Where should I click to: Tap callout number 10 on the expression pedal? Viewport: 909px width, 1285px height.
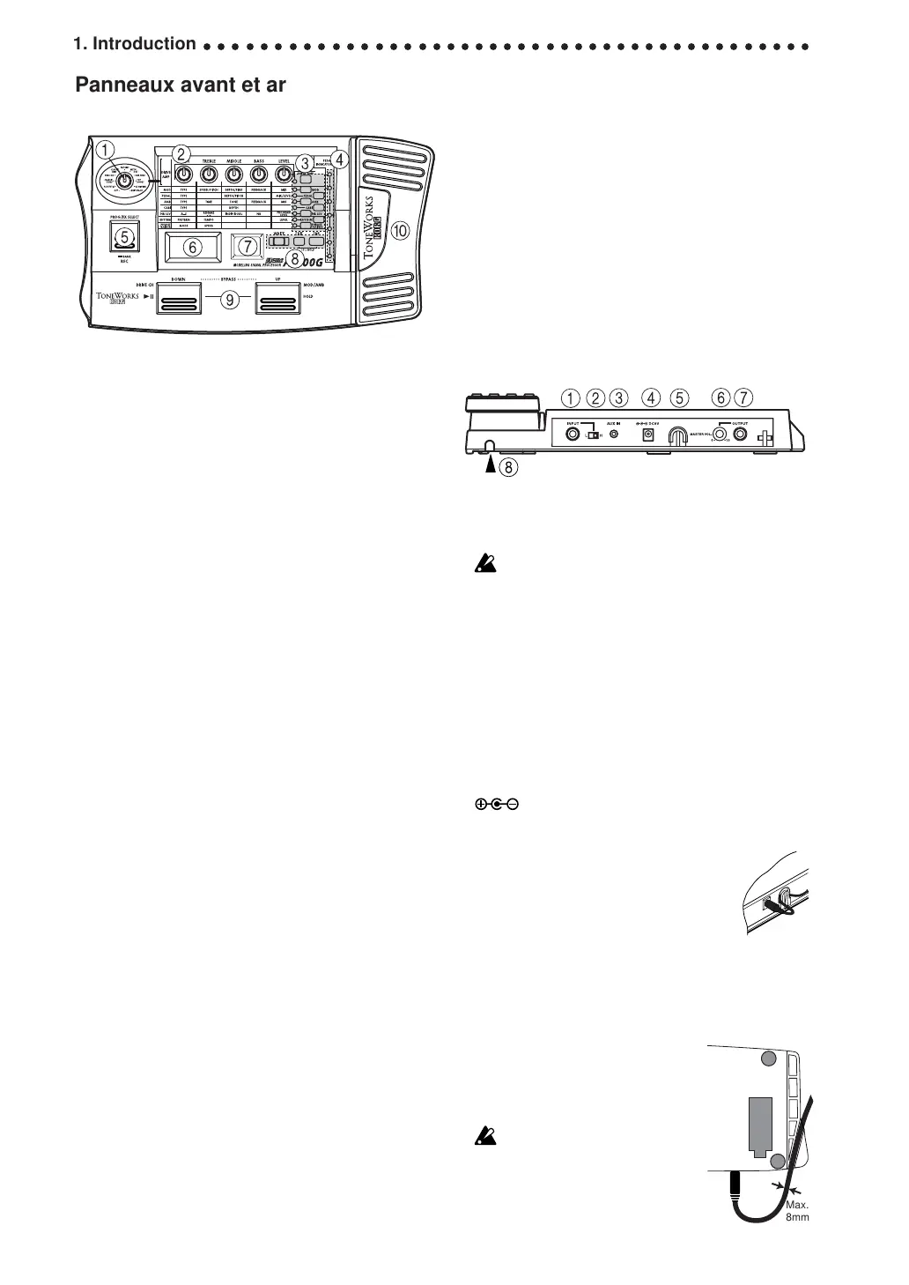[x=401, y=231]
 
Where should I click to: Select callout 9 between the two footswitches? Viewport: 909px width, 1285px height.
[x=229, y=300]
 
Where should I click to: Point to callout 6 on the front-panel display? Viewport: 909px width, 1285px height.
[x=193, y=248]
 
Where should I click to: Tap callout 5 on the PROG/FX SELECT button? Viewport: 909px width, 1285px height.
[x=123, y=236]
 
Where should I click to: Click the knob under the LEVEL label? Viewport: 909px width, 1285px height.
[x=284, y=175]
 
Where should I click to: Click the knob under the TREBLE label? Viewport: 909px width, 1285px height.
[x=209, y=175]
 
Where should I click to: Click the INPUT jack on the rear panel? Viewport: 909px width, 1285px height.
[x=573, y=434]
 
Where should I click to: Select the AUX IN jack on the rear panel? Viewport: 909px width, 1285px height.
[x=614, y=434]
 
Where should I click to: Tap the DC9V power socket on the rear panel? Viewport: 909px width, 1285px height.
[x=649, y=435]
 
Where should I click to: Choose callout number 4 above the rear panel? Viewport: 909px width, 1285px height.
[x=651, y=398]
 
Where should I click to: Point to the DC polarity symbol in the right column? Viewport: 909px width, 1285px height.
[x=496, y=804]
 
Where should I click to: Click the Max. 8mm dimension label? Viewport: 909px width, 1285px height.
[x=796, y=1211]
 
